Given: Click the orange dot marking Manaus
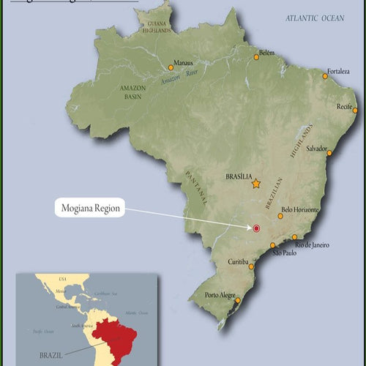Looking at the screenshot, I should pos(171,67).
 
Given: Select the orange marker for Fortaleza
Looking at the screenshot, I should pos(325,75).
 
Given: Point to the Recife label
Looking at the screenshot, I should pos(346,106).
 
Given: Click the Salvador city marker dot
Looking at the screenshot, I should pos(329,153).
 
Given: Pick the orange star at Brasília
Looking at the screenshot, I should pos(256,184).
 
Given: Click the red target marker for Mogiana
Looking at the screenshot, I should pos(256,228).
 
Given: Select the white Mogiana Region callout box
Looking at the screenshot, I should pos(89,209).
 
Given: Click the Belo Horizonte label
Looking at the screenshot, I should pos(300,209).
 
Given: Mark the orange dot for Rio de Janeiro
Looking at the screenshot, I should pos(294,237).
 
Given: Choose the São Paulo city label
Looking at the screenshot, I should pos(285,253).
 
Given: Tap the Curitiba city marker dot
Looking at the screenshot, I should pos(253,267).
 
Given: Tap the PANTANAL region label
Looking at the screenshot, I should pos(195,187).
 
